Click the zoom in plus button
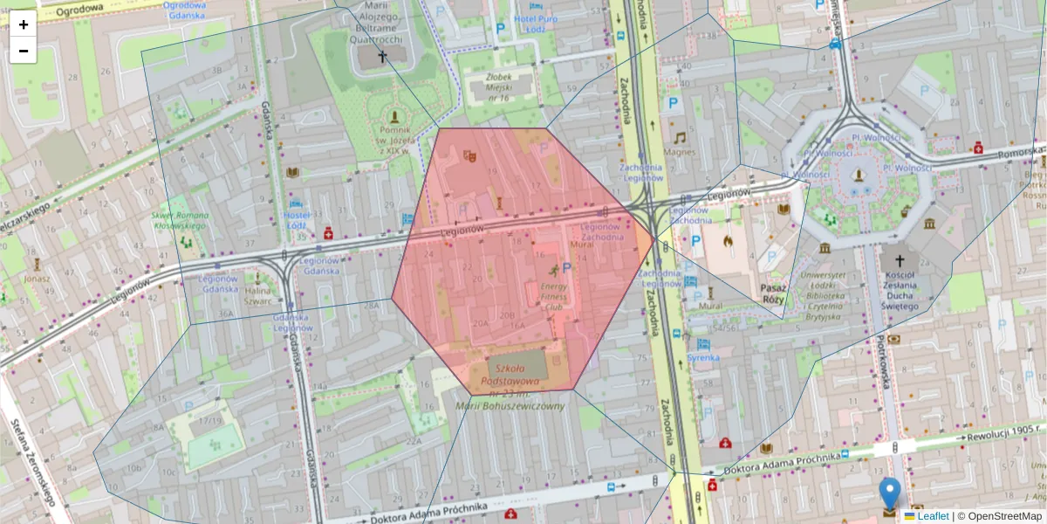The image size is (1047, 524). (24, 24)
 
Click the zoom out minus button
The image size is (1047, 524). (24, 51)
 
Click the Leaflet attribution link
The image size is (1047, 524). (933, 516)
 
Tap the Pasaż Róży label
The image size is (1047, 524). (773, 293)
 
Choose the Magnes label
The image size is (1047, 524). (679, 151)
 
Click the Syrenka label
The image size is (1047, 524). (702, 357)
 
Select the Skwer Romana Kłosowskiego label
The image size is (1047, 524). (180, 220)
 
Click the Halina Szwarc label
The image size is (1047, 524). (258, 295)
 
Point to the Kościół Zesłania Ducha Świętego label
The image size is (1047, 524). (900, 290)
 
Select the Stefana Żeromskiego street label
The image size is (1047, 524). (31, 462)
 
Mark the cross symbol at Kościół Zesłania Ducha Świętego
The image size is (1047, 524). (900, 260)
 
